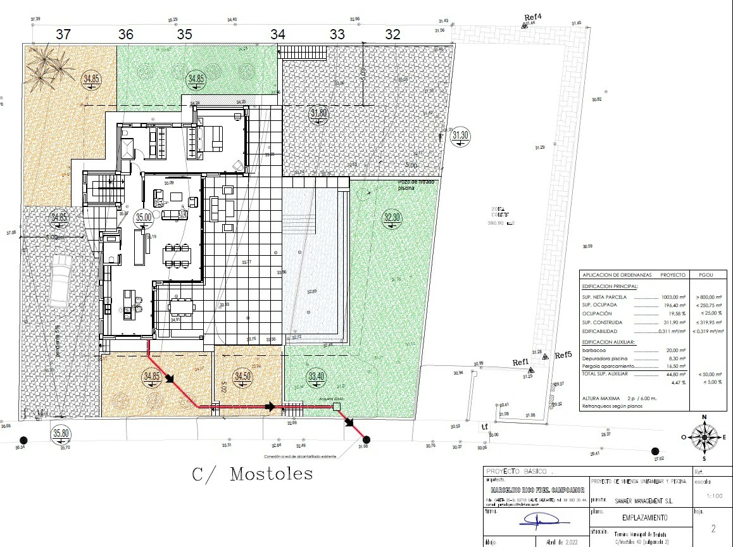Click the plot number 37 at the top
[x=63, y=35]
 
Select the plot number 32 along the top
[x=392, y=35]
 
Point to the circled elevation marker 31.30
[x=460, y=135]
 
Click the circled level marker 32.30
[x=392, y=218]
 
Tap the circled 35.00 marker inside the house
[x=144, y=217]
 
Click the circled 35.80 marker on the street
[x=61, y=434]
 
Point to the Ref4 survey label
[x=534, y=16]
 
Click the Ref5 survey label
[x=563, y=355]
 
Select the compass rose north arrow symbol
[x=703, y=436]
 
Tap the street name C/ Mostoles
[x=252, y=474]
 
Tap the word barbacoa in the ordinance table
[x=595, y=350]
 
